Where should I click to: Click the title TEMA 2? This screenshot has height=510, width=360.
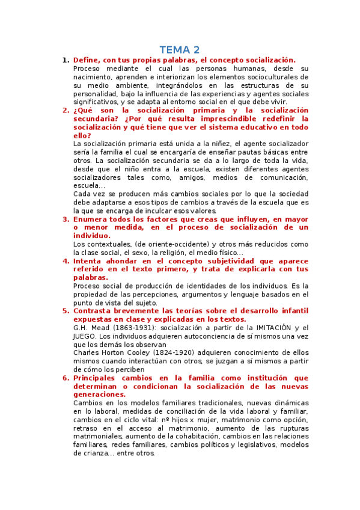click(x=180, y=49)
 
